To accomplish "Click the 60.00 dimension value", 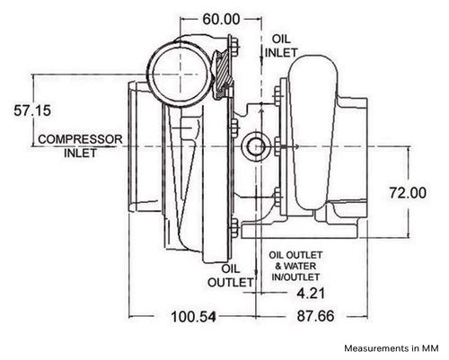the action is click(x=221, y=20).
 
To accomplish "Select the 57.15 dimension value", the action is click(x=32, y=110).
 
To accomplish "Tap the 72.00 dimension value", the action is click(x=408, y=192).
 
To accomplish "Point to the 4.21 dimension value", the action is click(x=311, y=293).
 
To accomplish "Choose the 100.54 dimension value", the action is click(x=193, y=316).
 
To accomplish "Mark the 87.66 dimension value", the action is click(x=315, y=316).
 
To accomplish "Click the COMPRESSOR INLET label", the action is click(x=80, y=146).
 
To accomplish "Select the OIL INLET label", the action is click(x=281, y=46).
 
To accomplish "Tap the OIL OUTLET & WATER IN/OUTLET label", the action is click(x=295, y=266).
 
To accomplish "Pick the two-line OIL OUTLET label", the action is click(x=230, y=276).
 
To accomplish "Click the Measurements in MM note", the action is click(x=392, y=348).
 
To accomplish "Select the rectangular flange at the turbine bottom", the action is click(x=299, y=231).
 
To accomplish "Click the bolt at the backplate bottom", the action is click(x=234, y=228).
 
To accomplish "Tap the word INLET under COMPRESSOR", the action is click(x=81, y=153).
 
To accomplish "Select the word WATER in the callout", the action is click(x=300, y=266).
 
